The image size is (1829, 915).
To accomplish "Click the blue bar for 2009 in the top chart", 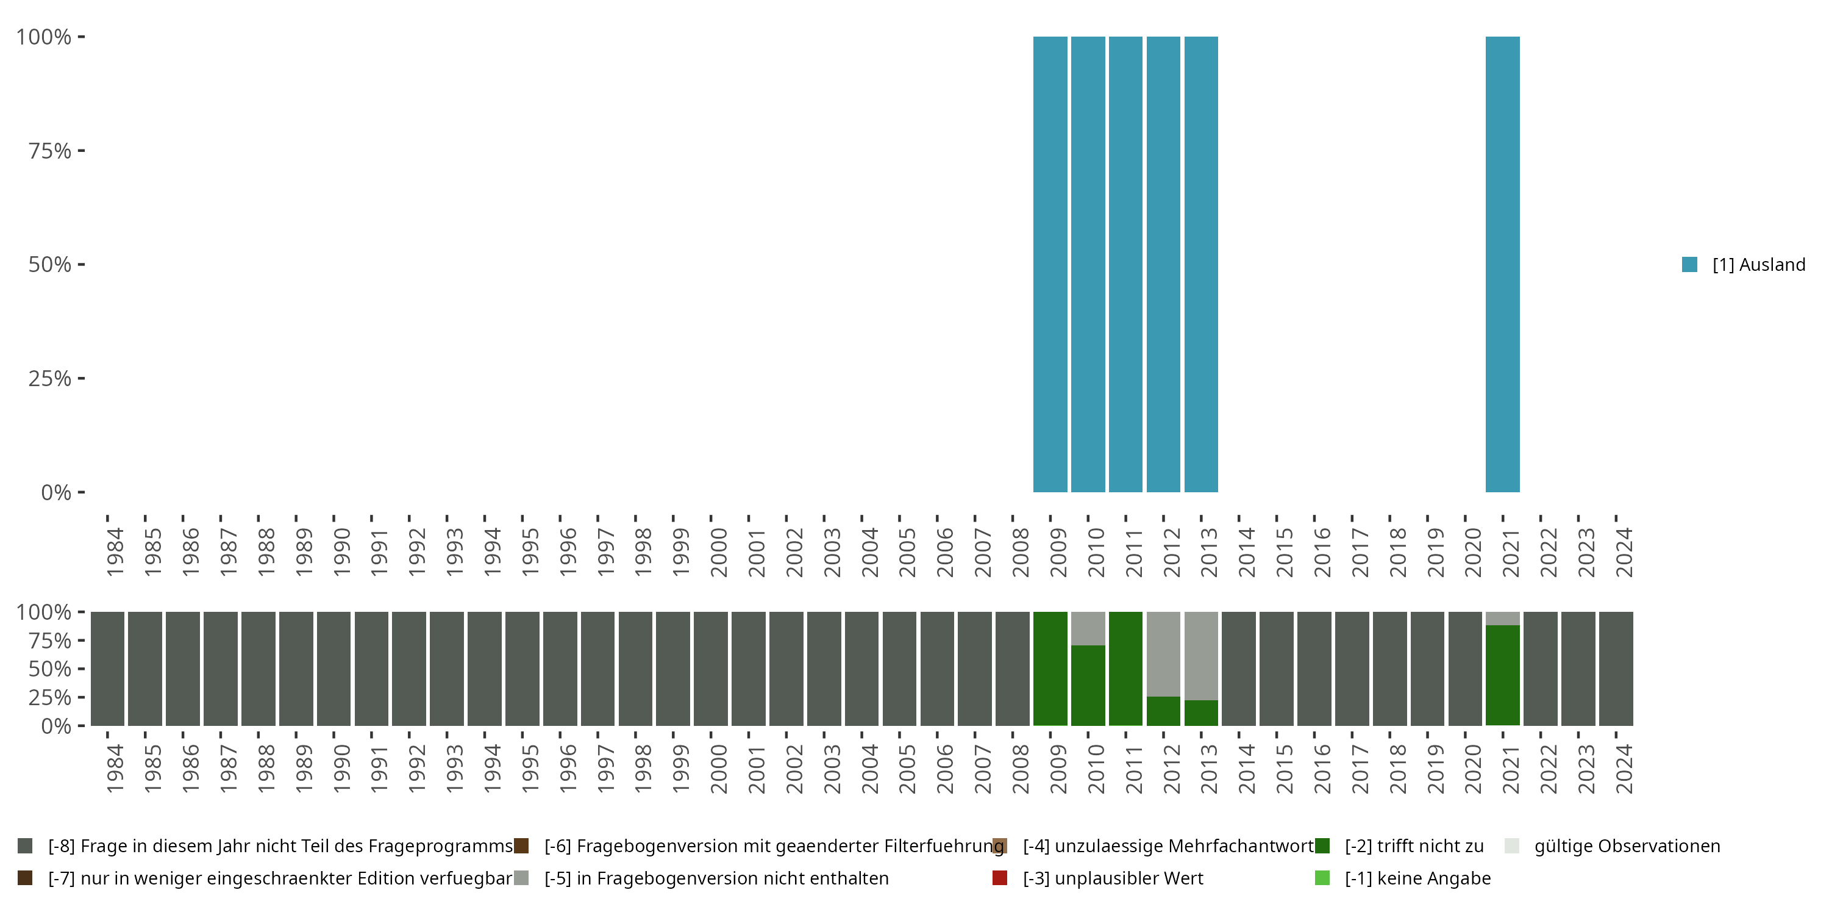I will (1050, 264).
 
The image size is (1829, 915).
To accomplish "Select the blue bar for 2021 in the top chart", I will (1502, 264).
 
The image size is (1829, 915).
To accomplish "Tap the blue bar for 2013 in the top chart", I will (1200, 264).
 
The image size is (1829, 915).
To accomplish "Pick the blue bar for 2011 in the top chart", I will (1125, 264).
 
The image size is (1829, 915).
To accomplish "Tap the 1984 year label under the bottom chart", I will (115, 769).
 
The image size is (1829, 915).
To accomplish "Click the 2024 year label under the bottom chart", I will (1623, 769).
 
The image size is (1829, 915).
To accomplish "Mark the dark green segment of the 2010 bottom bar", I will (1088, 685).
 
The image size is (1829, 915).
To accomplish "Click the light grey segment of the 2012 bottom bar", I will (1163, 653).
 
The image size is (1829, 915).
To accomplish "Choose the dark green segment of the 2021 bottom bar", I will (1502, 675).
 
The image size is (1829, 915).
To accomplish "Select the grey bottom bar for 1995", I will (522, 669).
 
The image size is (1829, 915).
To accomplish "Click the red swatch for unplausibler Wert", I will (1000, 878).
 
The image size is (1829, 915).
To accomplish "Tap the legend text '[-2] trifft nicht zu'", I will (1414, 846).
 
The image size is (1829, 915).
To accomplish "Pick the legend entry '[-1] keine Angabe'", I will (1417, 878).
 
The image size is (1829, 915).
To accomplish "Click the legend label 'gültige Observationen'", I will (1627, 846).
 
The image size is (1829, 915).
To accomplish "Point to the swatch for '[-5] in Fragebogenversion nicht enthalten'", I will (521, 878).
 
